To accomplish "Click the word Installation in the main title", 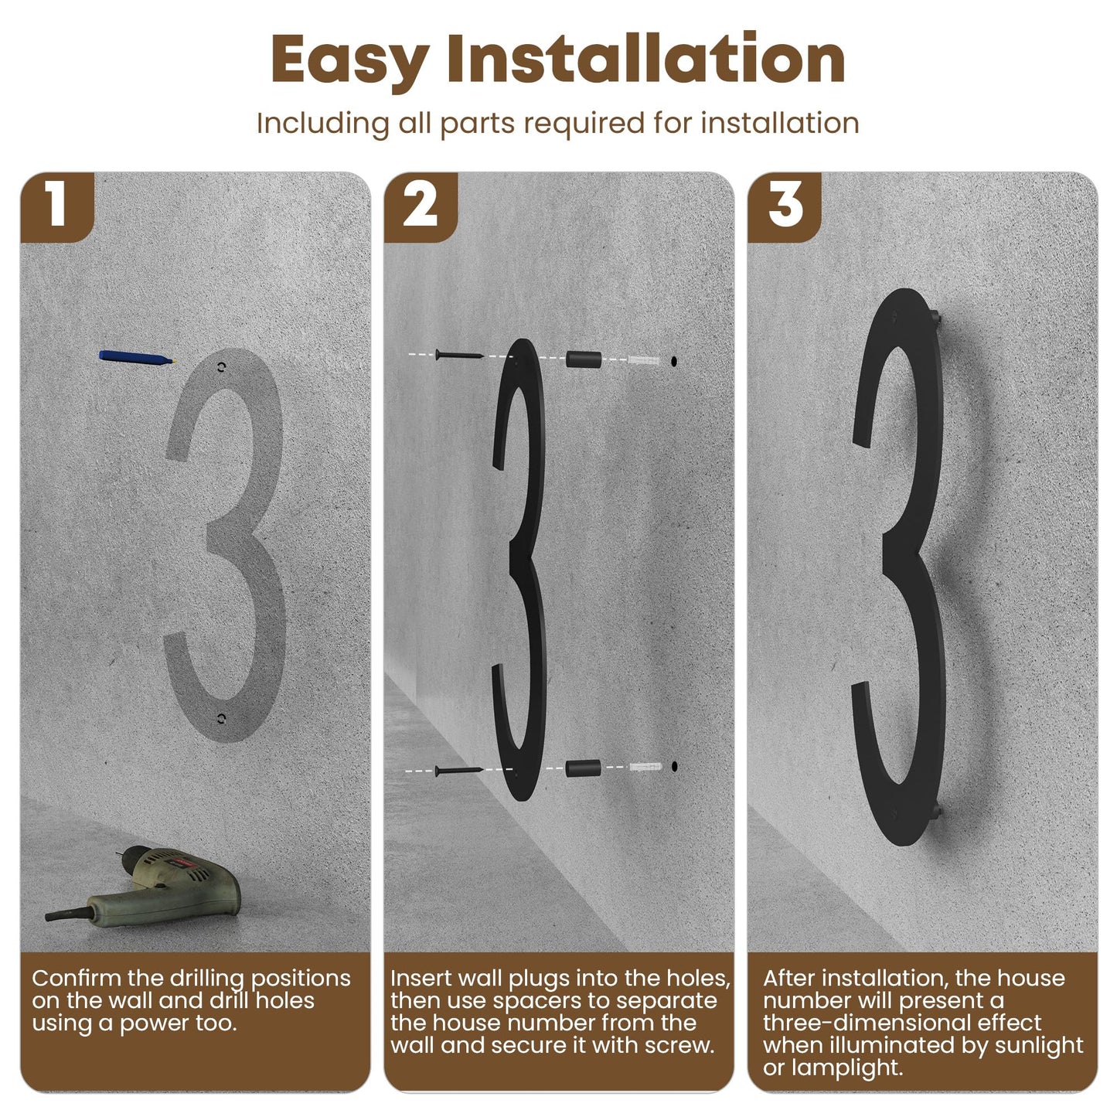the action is click(x=645, y=58).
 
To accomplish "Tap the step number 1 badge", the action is click(x=56, y=206).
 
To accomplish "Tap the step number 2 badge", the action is click(x=421, y=206).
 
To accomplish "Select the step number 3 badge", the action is click(x=785, y=206).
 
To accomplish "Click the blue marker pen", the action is click(x=138, y=357).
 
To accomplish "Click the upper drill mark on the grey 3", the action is click(x=221, y=367).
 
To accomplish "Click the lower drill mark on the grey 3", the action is click(x=221, y=720).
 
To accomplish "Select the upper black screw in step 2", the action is click(x=458, y=354).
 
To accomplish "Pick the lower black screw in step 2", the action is click(x=458, y=771).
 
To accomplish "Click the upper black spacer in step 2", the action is click(x=583, y=359).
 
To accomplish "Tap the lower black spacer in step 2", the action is click(x=583, y=768).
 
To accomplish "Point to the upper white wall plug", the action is click(x=644, y=360).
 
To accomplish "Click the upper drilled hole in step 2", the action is click(x=673, y=361).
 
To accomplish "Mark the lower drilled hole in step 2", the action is click(x=675, y=766).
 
